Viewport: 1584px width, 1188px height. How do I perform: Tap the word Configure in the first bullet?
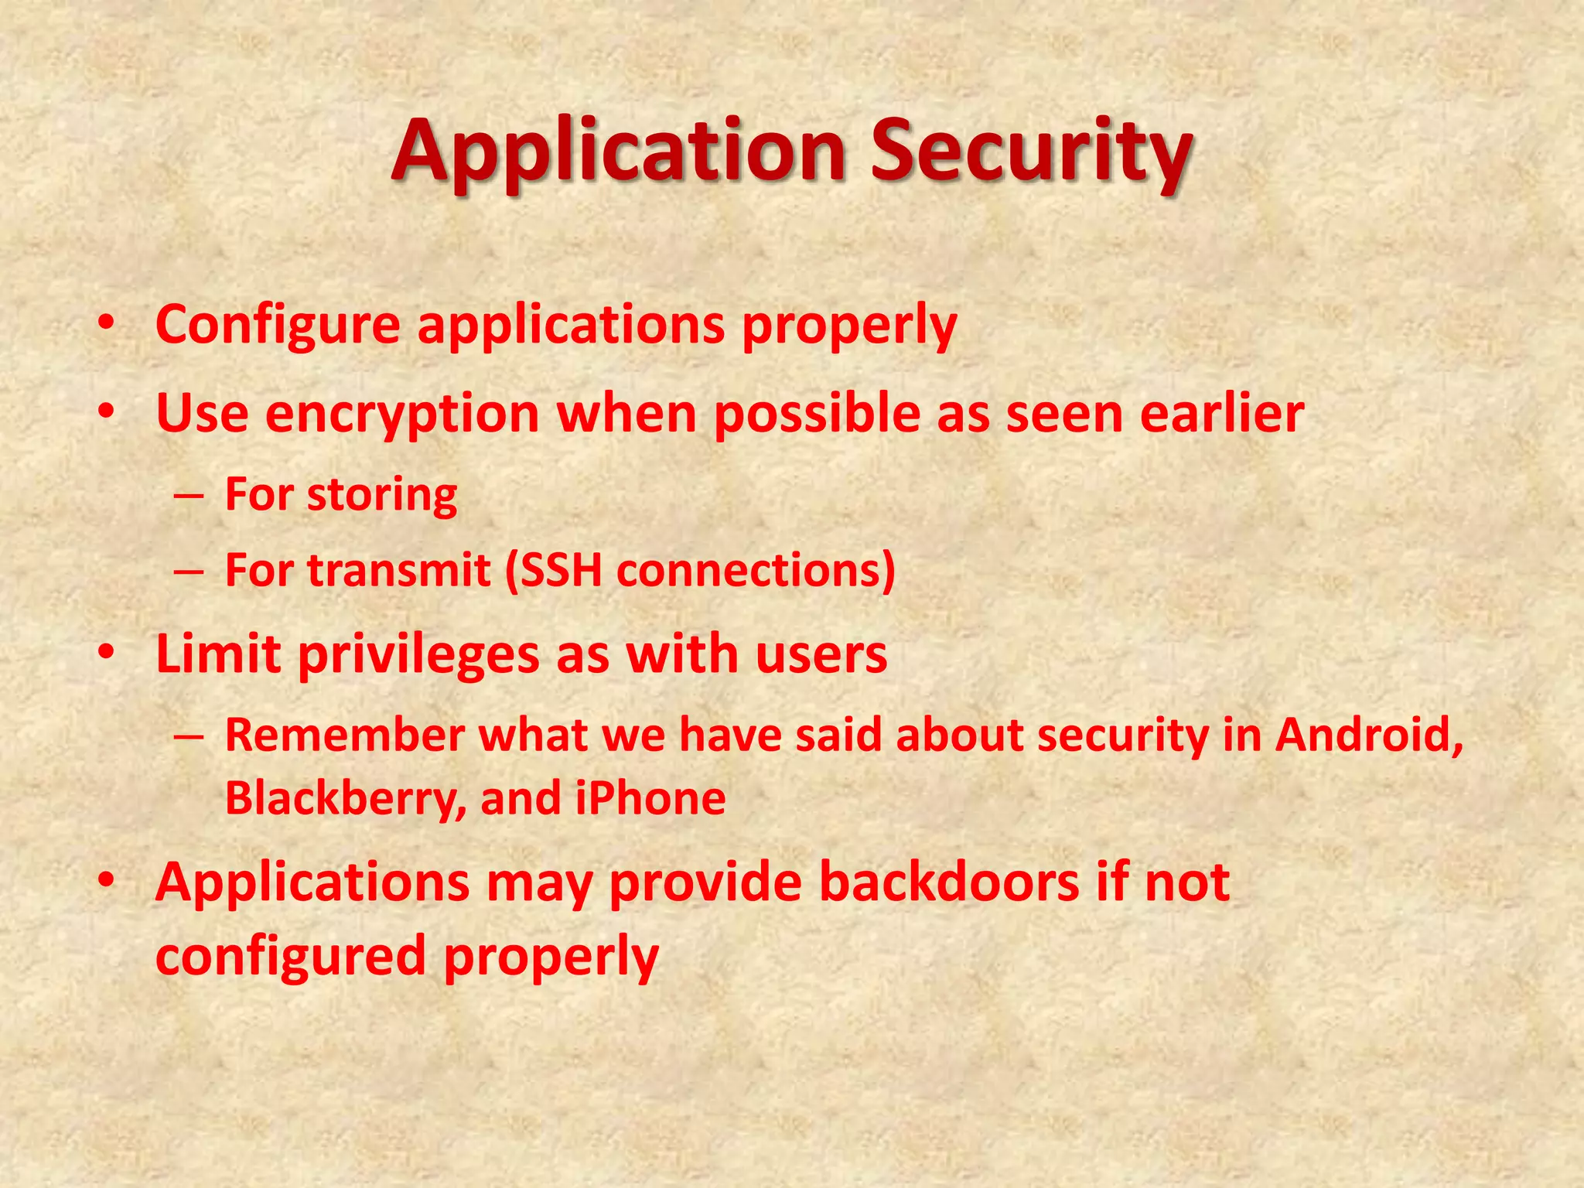click(278, 325)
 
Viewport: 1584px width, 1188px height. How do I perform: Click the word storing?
click(382, 495)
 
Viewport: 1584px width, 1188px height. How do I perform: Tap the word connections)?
click(756, 571)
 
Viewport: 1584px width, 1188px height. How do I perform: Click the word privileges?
click(418, 654)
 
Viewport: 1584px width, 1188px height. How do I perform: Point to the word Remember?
click(344, 735)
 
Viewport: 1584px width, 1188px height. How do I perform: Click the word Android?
click(1369, 735)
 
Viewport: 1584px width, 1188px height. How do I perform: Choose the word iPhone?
click(650, 798)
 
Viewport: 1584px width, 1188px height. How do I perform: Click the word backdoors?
click(948, 882)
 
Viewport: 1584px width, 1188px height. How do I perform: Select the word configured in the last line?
click(291, 956)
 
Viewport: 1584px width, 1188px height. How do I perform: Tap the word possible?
click(817, 415)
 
